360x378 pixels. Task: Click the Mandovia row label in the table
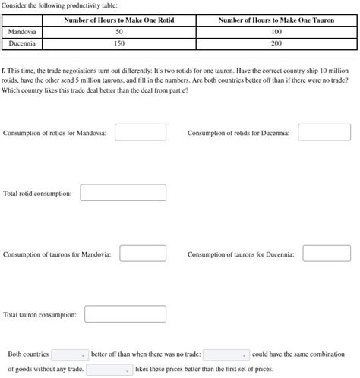click(x=23, y=33)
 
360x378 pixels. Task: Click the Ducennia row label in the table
click(x=22, y=44)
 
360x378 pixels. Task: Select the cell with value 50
click(x=118, y=33)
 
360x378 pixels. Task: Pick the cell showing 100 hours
click(x=276, y=33)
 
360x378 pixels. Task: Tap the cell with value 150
click(x=118, y=44)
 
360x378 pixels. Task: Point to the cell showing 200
click(x=276, y=44)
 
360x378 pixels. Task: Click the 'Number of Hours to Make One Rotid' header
click(x=118, y=20)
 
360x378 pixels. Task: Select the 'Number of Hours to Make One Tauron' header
click(x=276, y=20)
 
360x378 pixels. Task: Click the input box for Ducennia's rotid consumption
click(x=324, y=133)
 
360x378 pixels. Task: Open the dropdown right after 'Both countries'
click(x=69, y=354)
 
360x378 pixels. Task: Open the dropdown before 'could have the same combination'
click(x=226, y=354)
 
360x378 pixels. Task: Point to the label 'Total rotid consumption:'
click(x=37, y=194)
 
